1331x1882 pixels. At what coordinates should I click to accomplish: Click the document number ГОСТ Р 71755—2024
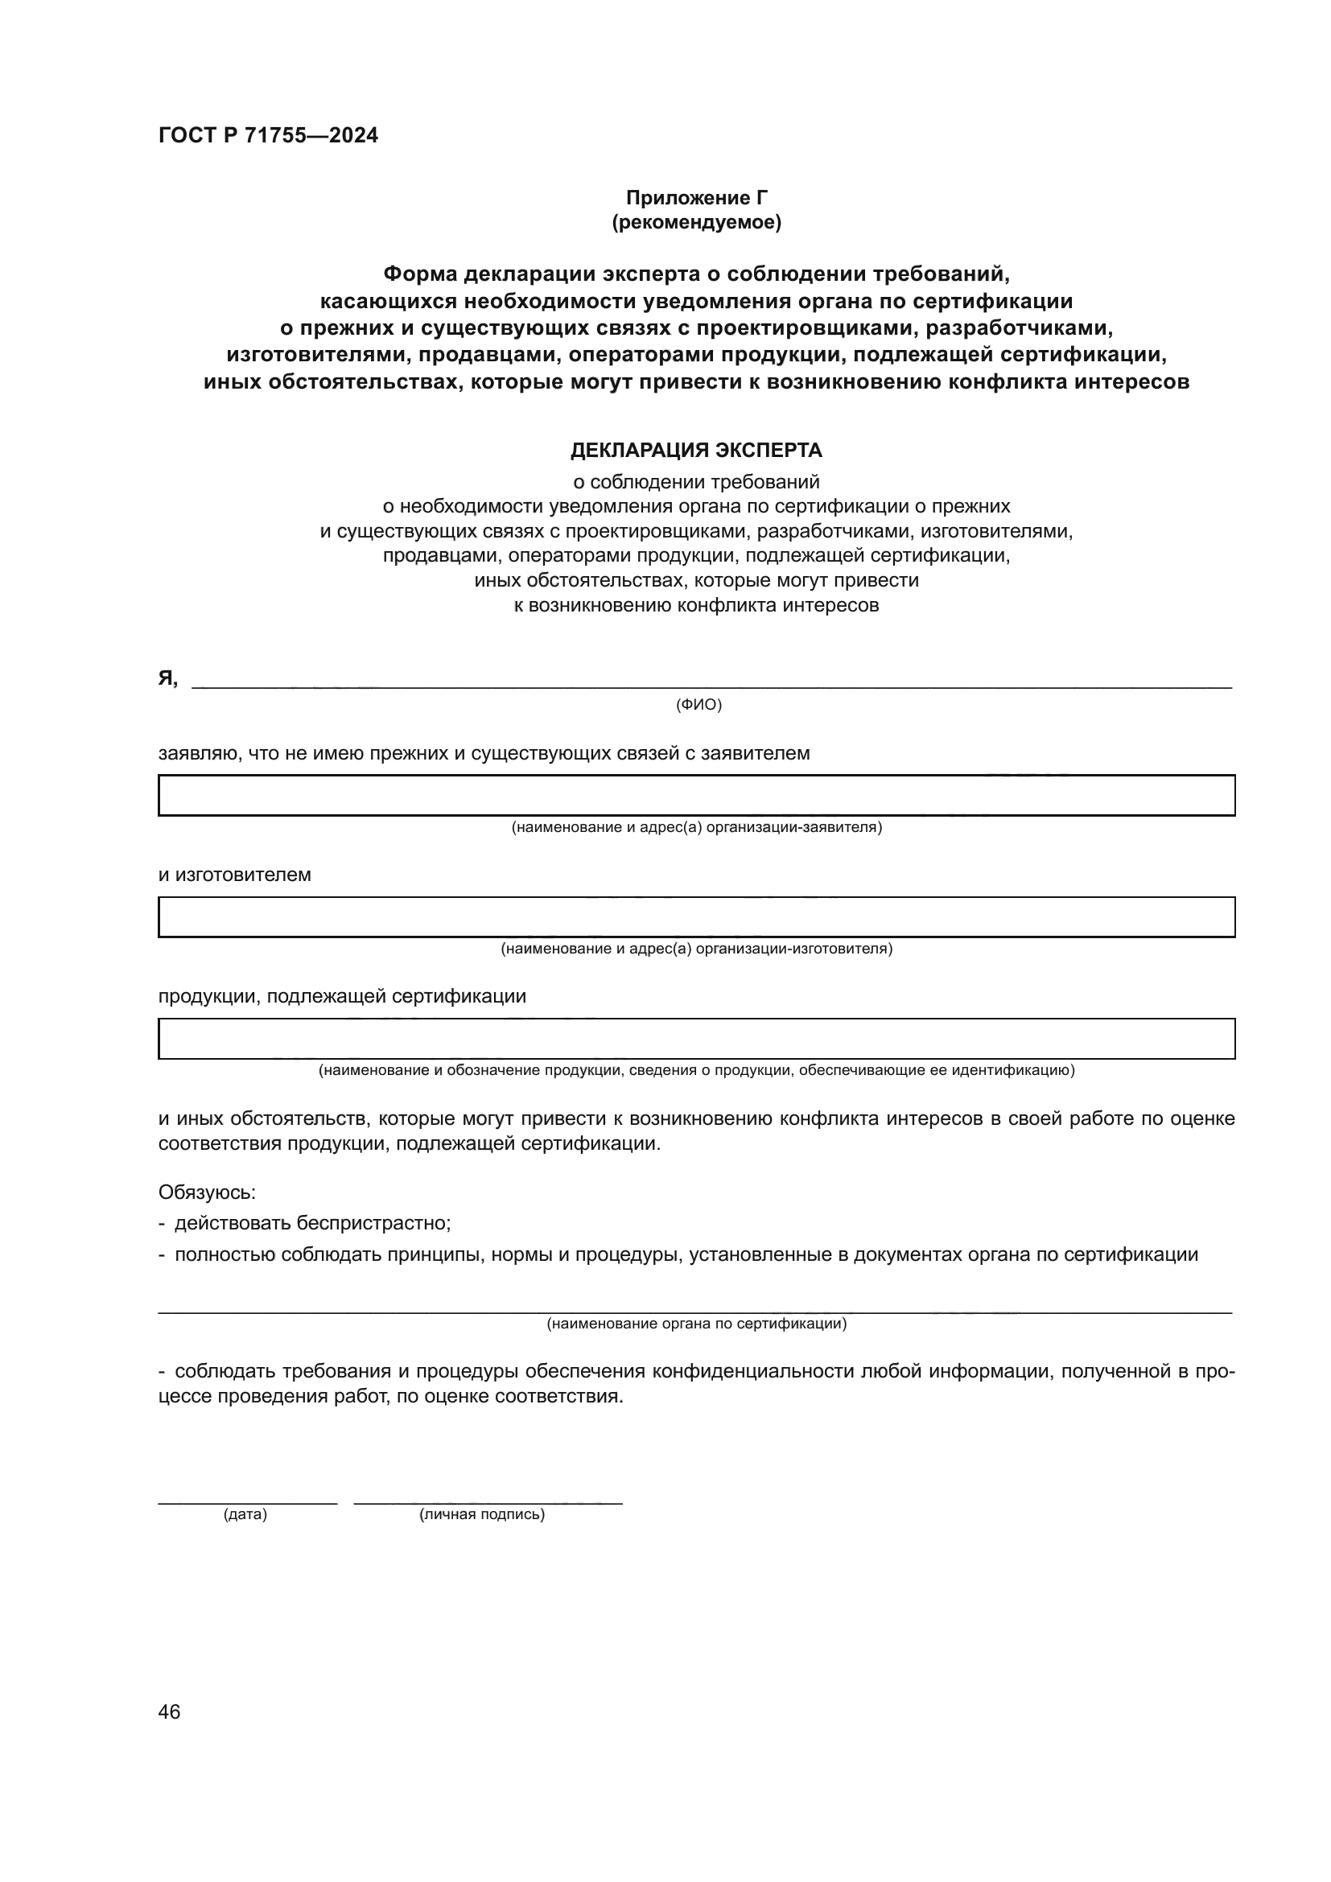click(x=268, y=135)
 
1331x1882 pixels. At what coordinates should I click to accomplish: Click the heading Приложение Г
click(x=697, y=198)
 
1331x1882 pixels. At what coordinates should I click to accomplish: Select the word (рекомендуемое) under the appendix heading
click(x=697, y=222)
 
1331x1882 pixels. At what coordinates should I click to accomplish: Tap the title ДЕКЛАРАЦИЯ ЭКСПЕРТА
click(x=696, y=450)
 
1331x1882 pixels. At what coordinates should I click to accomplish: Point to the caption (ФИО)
click(x=698, y=704)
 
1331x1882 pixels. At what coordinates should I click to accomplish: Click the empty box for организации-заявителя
click(x=696, y=795)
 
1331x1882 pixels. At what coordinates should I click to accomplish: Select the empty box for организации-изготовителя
click(x=696, y=916)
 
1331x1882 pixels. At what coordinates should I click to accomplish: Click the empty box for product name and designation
click(x=696, y=1039)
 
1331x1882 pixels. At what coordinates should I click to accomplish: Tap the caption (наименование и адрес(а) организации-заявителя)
click(x=697, y=827)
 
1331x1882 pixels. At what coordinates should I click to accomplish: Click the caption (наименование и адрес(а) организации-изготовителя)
click(x=697, y=949)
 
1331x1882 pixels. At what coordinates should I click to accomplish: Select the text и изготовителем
click(x=234, y=875)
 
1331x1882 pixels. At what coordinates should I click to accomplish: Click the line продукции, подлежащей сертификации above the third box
click(x=342, y=996)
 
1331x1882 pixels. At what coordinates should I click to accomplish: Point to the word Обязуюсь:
click(x=207, y=1192)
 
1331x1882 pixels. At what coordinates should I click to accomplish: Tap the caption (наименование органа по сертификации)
click(x=697, y=1323)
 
